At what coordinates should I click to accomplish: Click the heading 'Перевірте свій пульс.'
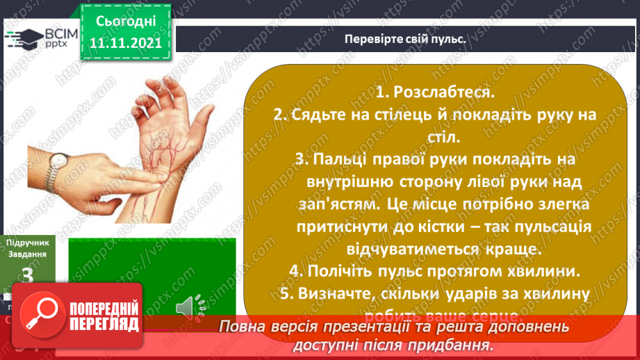pos(404,38)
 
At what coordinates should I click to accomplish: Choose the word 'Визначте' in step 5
pos(346,294)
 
